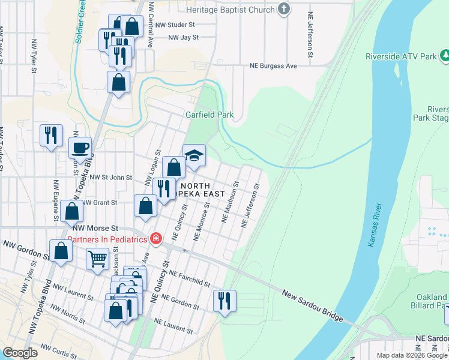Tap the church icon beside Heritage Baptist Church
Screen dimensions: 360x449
click(x=284, y=10)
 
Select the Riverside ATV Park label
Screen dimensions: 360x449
click(x=400, y=57)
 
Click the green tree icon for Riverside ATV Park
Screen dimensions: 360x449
click(x=445, y=56)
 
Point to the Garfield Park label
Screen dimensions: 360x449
click(x=208, y=115)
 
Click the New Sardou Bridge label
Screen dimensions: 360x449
click(x=311, y=307)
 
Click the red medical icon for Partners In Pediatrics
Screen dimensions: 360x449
click(x=156, y=239)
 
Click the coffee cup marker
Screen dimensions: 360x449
click(x=80, y=147)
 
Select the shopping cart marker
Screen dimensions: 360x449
click(x=98, y=259)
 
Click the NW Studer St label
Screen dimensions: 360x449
click(x=175, y=25)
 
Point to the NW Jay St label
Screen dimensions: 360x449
click(x=183, y=37)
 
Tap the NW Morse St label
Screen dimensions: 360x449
click(x=95, y=229)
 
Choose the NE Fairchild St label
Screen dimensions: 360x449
click(x=190, y=278)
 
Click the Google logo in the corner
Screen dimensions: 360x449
click(x=20, y=353)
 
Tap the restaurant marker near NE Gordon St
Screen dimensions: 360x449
click(x=224, y=301)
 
